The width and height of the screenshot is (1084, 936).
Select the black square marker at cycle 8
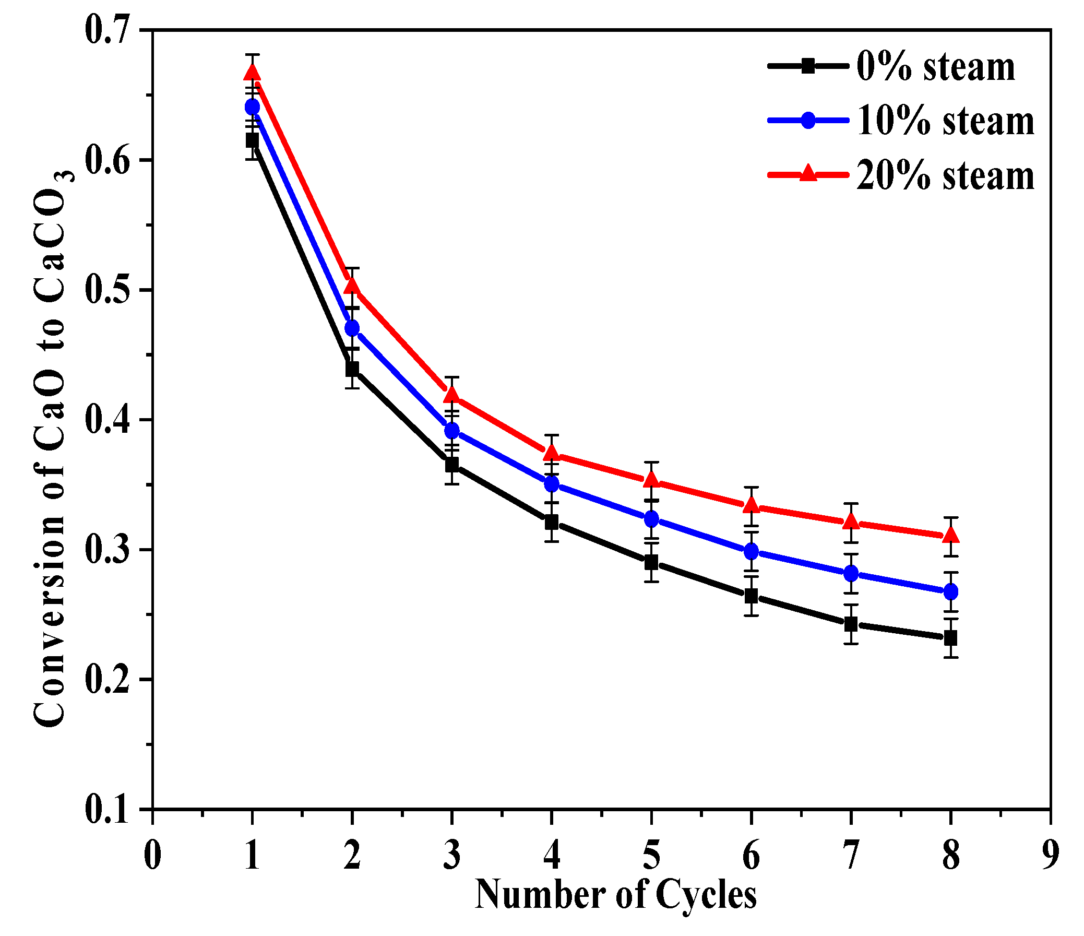[x=950, y=638]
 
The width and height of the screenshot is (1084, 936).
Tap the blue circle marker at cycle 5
[x=651, y=519]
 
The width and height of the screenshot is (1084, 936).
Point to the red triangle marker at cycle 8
[x=950, y=535]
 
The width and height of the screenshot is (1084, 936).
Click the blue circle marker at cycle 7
[x=851, y=573]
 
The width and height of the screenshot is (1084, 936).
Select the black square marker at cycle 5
[x=651, y=563]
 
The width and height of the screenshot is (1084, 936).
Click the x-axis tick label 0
[x=152, y=856]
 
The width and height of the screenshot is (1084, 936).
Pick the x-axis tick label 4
[x=552, y=856]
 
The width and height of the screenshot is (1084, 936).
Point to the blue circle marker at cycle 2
[x=352, y=328]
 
